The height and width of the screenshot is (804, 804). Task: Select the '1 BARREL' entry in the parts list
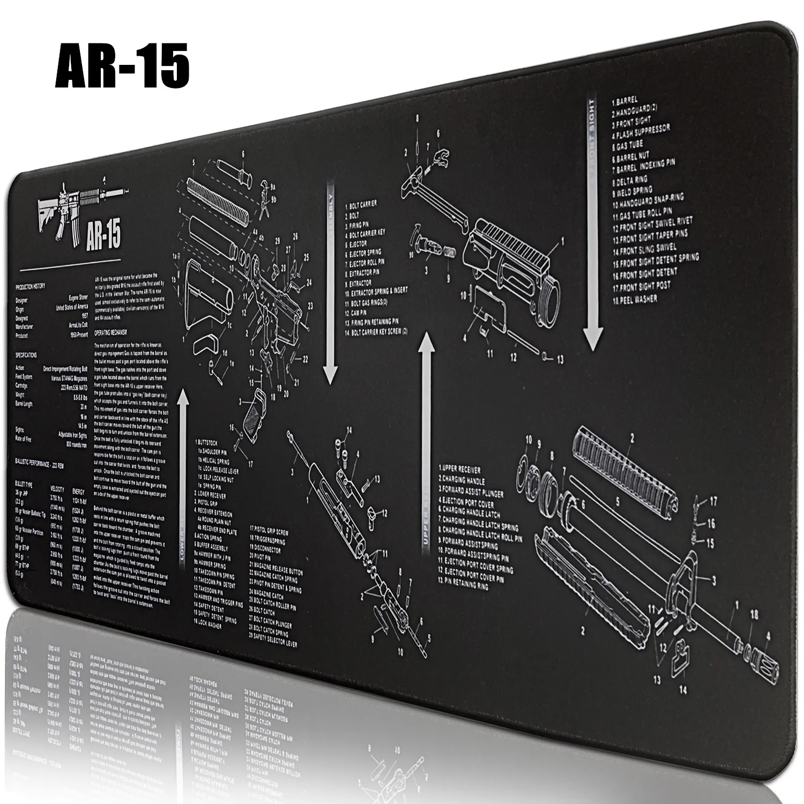[x=624, y=100]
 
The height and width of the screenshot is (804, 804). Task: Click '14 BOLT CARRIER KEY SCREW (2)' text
[x=376, y=332]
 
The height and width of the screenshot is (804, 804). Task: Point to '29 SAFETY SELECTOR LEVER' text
[x=273, y=642]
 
